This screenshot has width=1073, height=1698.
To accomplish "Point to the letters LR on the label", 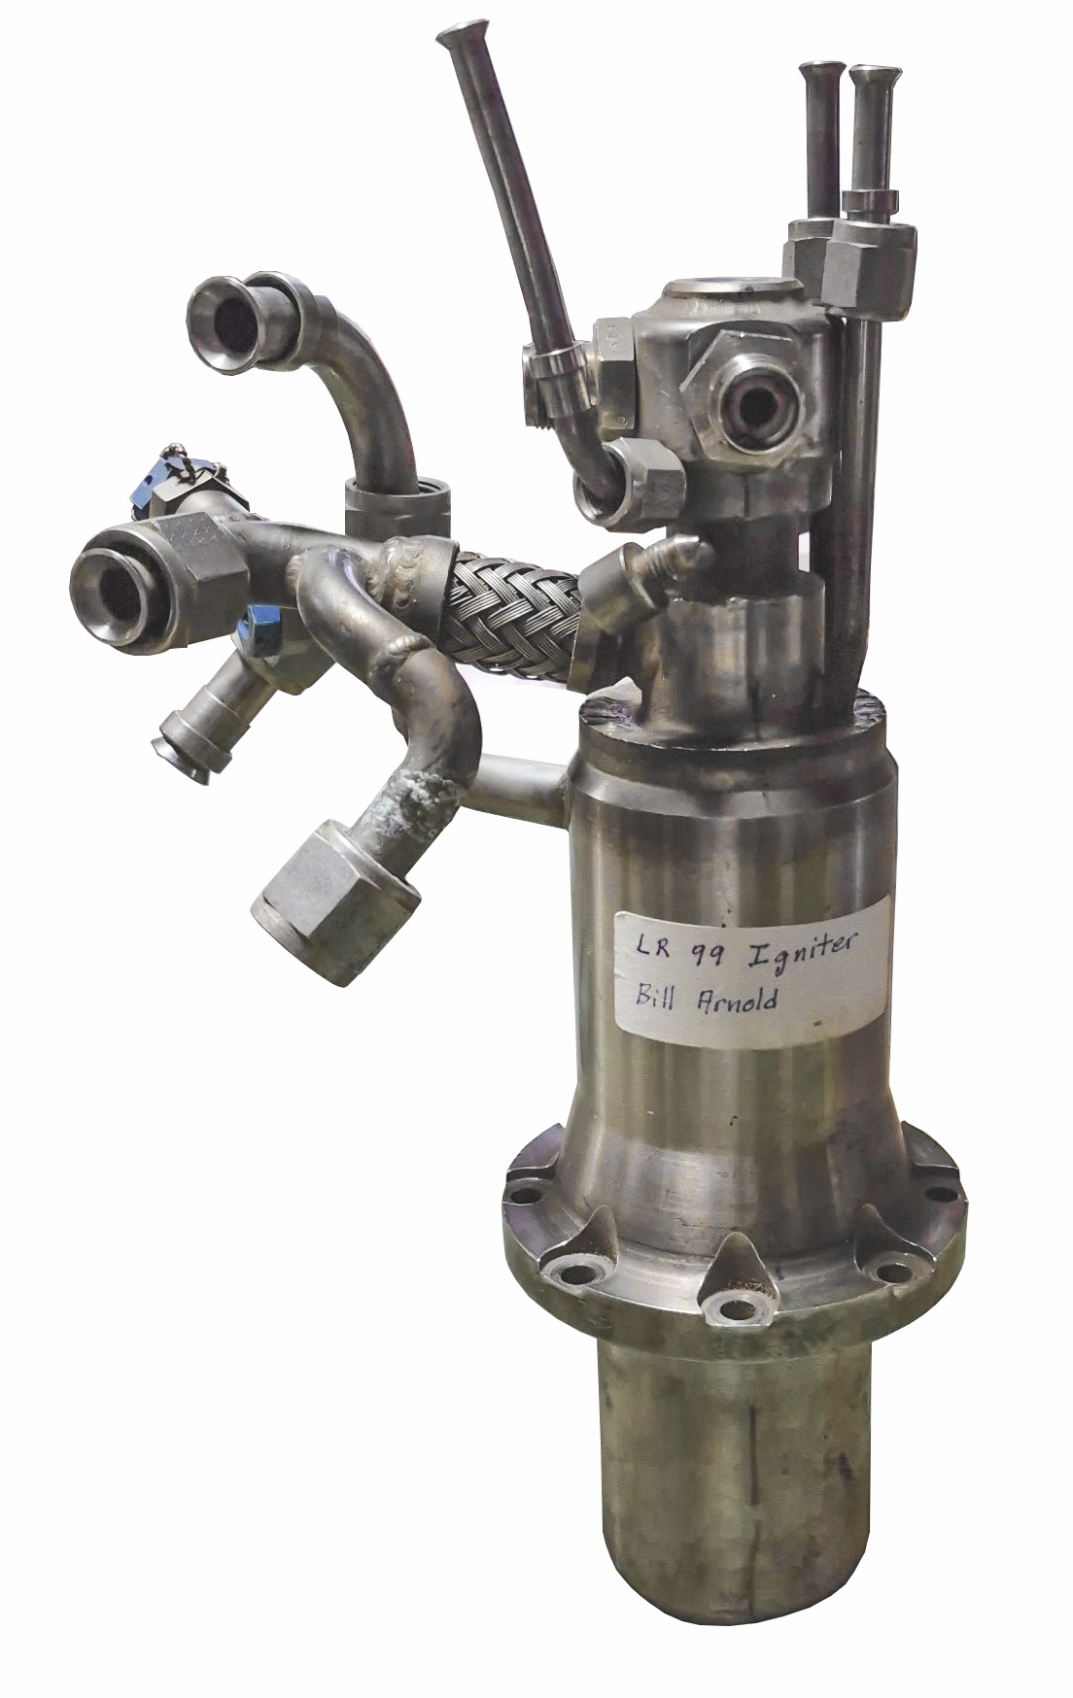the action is (640, 941).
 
